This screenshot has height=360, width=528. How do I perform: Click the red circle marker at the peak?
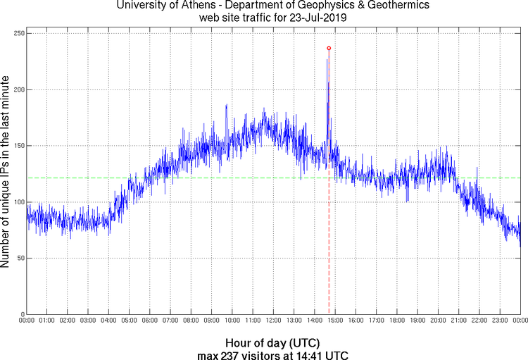click(329, 48)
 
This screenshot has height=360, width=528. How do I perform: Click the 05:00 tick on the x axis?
click(130, 321)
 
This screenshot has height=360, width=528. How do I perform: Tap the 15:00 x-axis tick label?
click(335, 321)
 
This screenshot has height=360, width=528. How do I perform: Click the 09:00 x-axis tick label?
click(212, 321)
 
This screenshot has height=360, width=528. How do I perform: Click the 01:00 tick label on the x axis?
click(47, 321)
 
